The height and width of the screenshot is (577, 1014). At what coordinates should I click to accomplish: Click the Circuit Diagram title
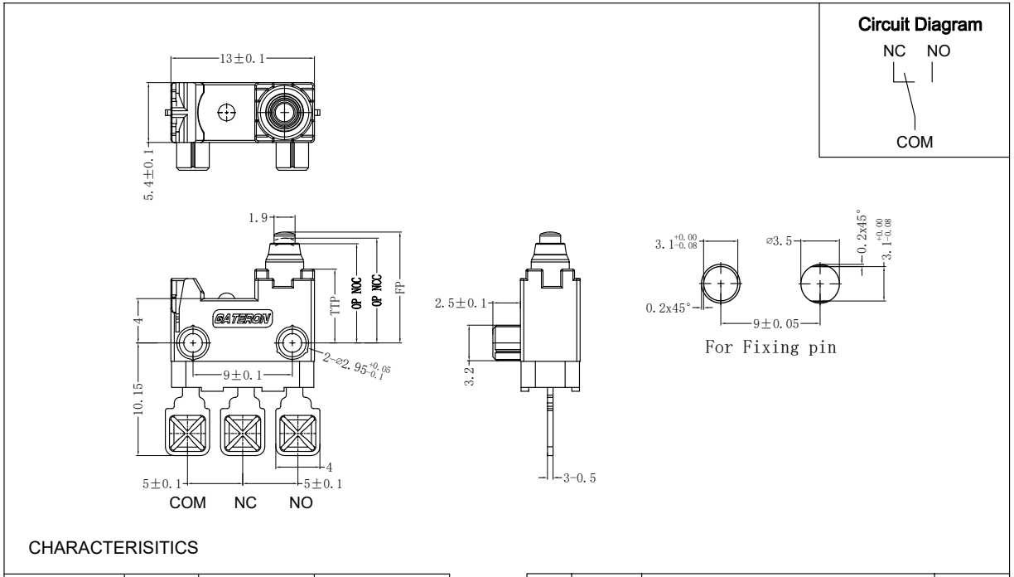tap(915, 26)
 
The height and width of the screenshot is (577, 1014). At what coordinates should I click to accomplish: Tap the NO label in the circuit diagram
tap(938, 51)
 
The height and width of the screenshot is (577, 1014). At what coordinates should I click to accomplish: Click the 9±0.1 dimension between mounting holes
tap(242, 374)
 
